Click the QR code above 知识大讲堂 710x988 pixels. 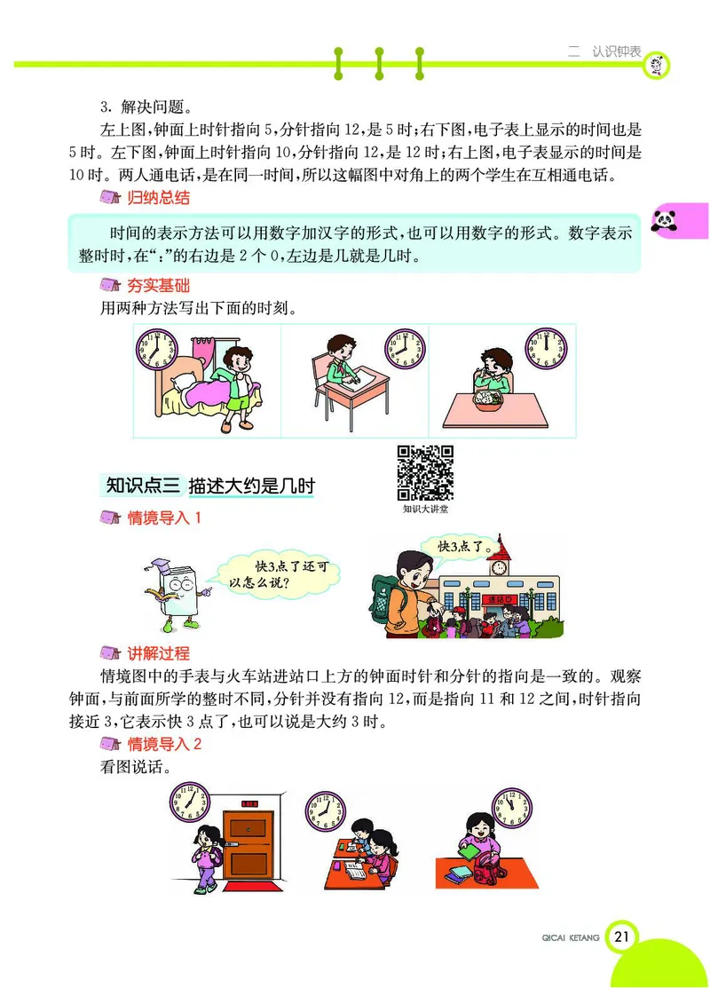tap(425, 472)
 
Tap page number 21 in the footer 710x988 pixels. tap(622, 936)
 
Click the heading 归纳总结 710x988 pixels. tap(158, 197)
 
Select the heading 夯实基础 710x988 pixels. tap(158, 286)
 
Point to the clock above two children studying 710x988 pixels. tap(325, 811)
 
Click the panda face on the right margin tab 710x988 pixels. tap(667, 222)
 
